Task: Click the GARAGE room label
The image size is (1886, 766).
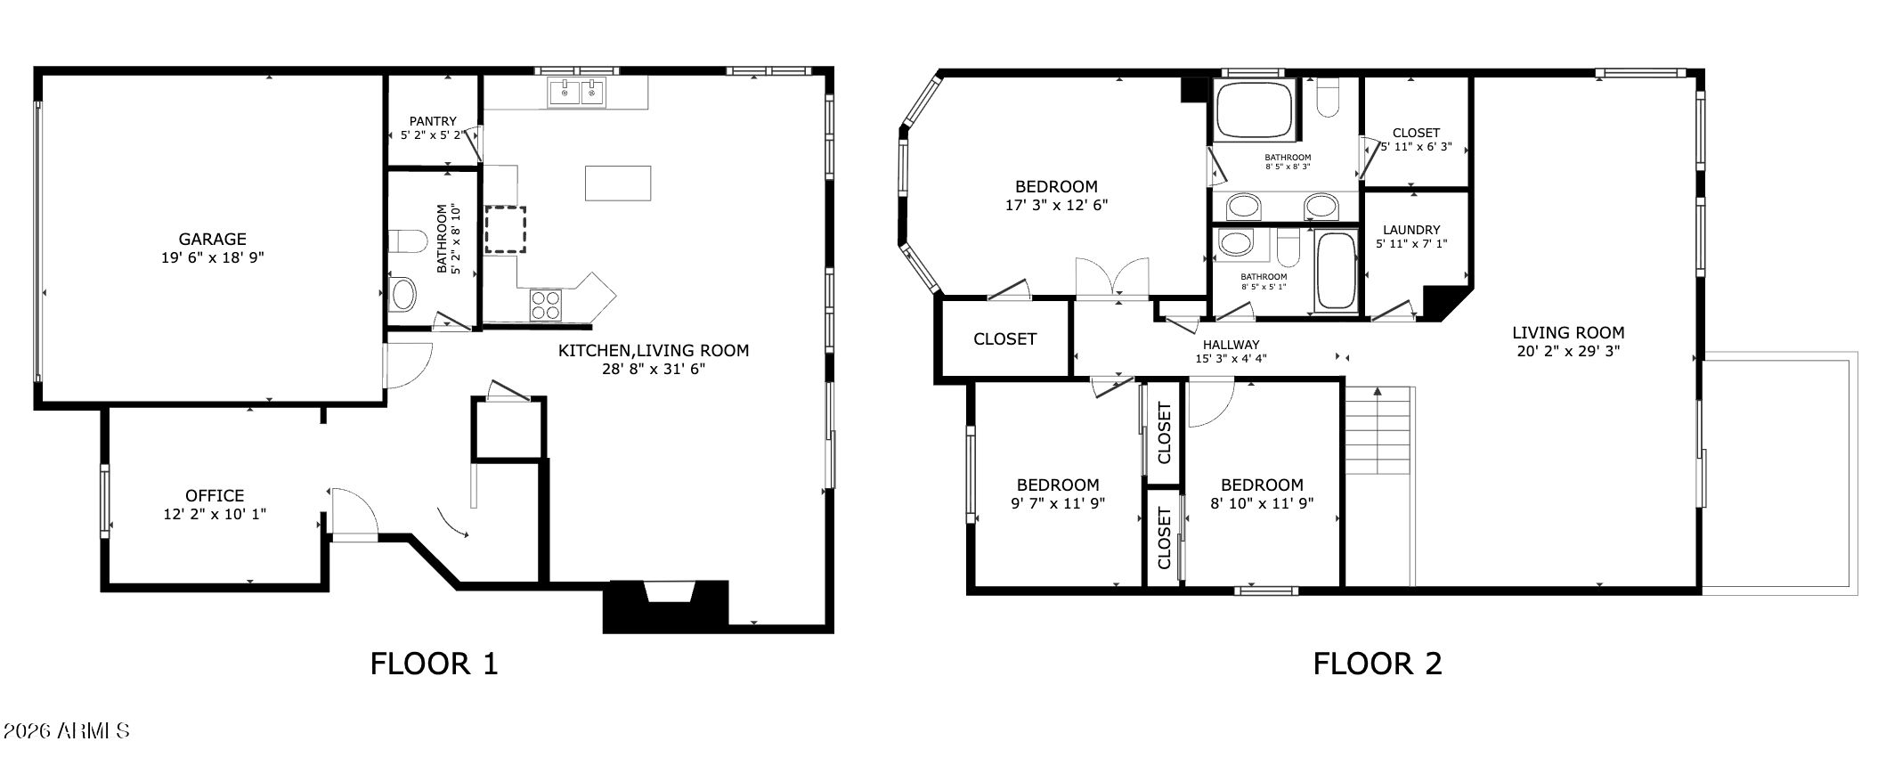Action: (x=212, y=240)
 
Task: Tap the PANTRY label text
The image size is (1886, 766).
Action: (x=433, y=121)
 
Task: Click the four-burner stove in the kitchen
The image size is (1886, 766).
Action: (x=546, y=305)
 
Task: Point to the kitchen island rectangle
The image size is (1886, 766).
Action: (x=617, y=183)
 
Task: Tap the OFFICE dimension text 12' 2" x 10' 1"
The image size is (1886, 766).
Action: (x=215, y=514)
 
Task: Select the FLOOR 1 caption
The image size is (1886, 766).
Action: (x=434, y=664)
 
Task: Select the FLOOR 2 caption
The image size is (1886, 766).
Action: (x=1377, y=664)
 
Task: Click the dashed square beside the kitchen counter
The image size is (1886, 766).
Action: (x=505, y=230)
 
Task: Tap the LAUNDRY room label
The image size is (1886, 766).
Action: (x=1411, y=230)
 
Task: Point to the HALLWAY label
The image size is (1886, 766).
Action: (x=1231, y=345)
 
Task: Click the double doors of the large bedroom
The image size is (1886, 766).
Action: (x=1112, y=279)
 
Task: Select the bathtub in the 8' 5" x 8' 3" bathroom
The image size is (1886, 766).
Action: (x=1254, y=110)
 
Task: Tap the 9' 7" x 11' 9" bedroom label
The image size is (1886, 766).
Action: (x=1058, y=493)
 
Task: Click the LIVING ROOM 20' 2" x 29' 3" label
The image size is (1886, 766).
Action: (x=1568, y=342)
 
